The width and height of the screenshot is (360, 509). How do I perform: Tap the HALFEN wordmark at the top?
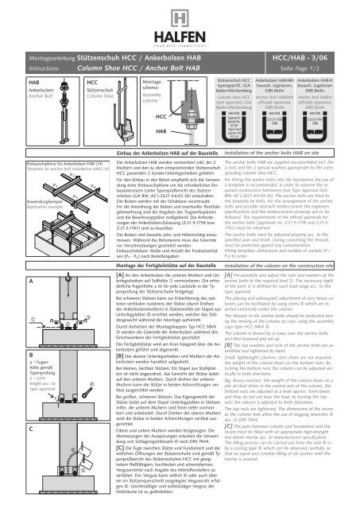click(x=180, y=29)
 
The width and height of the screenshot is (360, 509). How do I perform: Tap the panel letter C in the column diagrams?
click(x=8, y=450)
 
